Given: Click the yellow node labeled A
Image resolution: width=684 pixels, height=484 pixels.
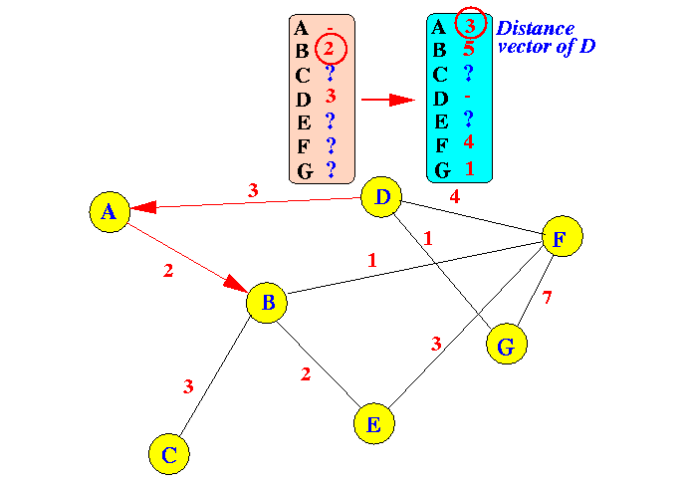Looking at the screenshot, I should (x=110, y=211).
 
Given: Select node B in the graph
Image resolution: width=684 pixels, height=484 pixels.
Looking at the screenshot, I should (x=267, y=302).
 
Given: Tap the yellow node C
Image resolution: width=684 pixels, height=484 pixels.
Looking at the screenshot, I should (x=169, y=455).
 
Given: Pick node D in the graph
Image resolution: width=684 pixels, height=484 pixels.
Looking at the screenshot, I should (x=381, y=197).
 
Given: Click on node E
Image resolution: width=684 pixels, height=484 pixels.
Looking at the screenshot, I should (x=373, y=424).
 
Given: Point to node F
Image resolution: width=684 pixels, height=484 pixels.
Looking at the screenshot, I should (x=561, y=237).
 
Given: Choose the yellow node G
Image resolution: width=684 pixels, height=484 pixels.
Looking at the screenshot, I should (x=506, y=346).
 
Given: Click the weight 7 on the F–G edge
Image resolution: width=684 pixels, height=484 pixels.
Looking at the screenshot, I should (x=546, y=298).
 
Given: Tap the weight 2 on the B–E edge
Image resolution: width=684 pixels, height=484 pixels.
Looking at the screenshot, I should (x=307, y=374).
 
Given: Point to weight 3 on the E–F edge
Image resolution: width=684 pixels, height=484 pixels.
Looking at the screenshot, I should (x=435, y=345).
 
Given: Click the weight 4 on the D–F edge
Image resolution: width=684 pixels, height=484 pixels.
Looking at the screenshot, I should (x=455, y=197).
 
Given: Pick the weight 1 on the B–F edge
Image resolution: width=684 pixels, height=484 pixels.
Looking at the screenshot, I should (x=372, y=261).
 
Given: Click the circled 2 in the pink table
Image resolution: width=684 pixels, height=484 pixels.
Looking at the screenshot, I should (x=331, y=48).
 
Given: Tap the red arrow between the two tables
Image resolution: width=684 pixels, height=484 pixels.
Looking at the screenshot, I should (x=386, y=100).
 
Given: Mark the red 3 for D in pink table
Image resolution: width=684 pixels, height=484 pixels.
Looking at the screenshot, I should (x=331, y=97).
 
